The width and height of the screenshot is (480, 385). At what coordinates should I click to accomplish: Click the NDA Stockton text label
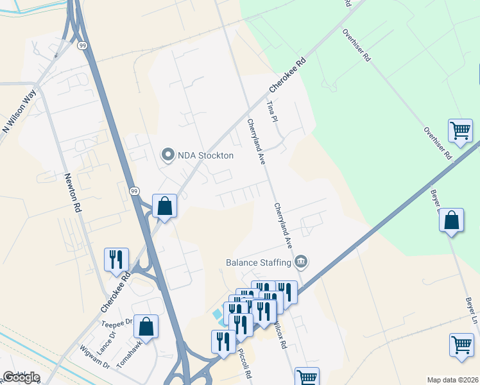tap(206, 155)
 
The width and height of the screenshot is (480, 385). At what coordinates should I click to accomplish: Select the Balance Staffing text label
tap(258, 262)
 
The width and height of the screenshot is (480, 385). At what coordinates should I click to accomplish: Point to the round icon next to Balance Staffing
tap(301, 261)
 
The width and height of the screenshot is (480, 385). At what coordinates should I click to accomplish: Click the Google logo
tap(21, 377)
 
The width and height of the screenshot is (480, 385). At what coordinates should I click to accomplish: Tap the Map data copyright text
tap(452, 380)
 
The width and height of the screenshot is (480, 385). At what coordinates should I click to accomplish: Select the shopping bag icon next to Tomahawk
tap(146, 326)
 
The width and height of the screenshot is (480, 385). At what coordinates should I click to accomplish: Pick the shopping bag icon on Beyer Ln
tap(452, 220)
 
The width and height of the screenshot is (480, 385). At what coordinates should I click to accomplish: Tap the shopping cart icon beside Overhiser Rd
tap(461, 131)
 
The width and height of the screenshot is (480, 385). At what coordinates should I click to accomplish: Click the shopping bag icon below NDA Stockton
tap(164, 207)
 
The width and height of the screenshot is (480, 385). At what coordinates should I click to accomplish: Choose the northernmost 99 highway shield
tap(83, 46)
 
